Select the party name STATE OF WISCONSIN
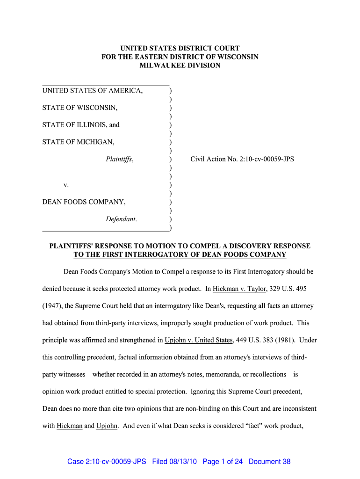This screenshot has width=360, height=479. point(80,108)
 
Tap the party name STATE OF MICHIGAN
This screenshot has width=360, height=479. point(78,142)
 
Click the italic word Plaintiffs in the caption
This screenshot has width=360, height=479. point(120,160)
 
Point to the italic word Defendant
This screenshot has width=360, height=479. point(122,219)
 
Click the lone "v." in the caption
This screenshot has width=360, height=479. point(66,185)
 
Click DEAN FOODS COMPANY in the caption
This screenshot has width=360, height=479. point(84,202)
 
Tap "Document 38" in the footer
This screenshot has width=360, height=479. point(270,462)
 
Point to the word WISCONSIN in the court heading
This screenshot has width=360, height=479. point(234,57)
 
